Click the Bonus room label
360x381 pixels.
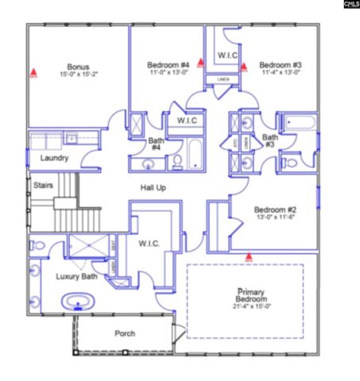coord(78,66)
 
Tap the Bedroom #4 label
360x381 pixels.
coord(168,64)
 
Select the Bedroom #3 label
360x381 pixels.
coord(280,64)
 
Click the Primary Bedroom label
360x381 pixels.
coord(246,295)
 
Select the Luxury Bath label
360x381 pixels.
coord(76,276)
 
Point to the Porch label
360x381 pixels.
coord(125,333)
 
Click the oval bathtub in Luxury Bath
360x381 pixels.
coord(77,301)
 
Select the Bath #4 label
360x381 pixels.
coord(157,144)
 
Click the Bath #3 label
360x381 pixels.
coord(270,141)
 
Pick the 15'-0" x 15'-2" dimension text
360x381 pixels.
coord(78,74)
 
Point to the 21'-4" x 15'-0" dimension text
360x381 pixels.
coord(246,306)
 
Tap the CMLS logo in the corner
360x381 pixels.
coord(350,5)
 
